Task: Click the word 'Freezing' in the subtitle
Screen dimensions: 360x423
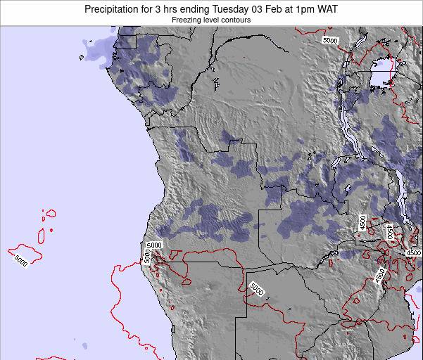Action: [188, 20]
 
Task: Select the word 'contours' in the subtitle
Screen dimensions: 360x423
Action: [236, 20]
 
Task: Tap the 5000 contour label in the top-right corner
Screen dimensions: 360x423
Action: [330, 41]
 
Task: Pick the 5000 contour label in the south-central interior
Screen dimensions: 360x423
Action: [256, 288]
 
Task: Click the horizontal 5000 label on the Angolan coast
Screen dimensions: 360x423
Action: [154, 245]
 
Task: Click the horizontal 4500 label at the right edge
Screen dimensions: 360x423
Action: [413, 253]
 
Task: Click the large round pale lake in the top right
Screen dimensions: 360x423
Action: [382, 71]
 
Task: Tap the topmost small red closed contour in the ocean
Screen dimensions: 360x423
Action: [50, 212]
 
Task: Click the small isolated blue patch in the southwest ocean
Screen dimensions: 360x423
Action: [87, 345]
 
